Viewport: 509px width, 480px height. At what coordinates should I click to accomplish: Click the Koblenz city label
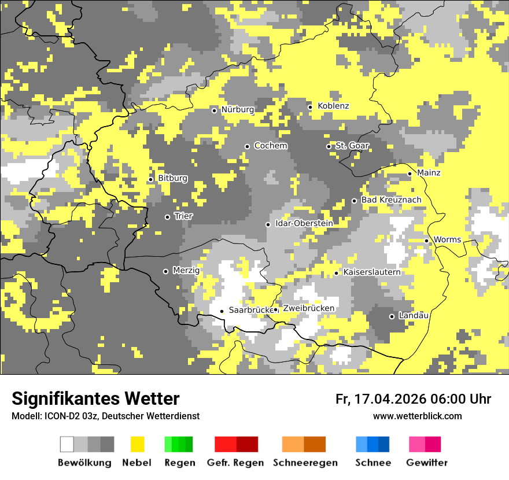tap(333, 106)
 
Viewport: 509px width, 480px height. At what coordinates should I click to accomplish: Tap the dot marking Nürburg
tap(214, 110)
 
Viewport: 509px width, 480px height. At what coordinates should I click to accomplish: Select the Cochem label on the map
tap(270, 146)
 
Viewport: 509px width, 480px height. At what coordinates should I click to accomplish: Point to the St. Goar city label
tap(352, 146)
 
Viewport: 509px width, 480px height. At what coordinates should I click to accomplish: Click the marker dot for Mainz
tap(410, 173)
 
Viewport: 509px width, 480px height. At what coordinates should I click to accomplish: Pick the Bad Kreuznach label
tap(391, 200)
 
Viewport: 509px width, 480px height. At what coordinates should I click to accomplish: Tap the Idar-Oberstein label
tap(304, 224)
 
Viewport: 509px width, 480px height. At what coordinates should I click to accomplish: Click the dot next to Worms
tap(427, 241)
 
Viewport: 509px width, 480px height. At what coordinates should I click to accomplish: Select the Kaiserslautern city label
tap(371, 272)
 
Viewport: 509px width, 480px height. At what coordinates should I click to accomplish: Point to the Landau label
tap(414, 316)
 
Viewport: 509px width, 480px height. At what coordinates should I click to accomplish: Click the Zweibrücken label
tap(308, 308)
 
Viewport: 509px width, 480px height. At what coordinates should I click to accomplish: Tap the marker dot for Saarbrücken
tap(222, 311)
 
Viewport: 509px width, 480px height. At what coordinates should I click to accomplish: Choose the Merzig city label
tap(186, 270)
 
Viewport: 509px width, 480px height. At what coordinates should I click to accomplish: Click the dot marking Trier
tap(168, 217)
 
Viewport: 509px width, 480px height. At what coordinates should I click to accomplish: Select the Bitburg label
tap(172, 178)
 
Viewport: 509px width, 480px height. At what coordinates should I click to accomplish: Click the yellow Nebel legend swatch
tap(137, 444)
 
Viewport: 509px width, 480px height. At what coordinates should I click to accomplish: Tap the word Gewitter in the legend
tap(426, 463)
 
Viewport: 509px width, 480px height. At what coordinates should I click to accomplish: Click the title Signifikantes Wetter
tap(95, 398)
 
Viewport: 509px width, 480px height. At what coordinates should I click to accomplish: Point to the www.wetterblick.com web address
tap(417, 416)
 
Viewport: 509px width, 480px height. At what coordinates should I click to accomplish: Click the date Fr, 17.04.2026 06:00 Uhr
tap(413, 399)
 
